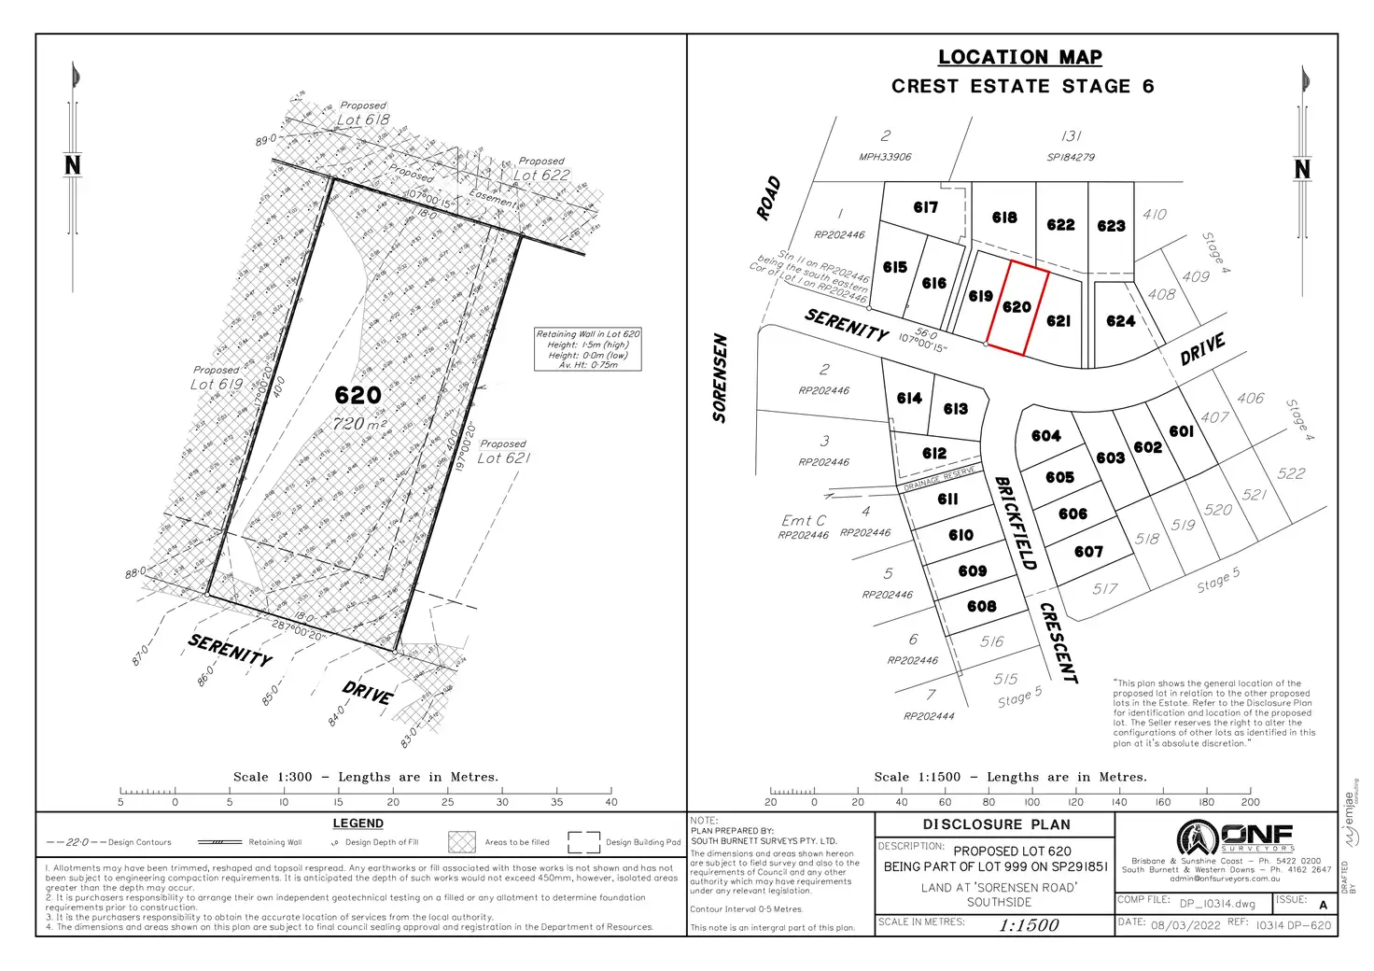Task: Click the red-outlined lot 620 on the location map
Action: pos(1016,307)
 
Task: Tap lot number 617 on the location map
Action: pos(925,207)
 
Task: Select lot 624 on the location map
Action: pos(1120,321)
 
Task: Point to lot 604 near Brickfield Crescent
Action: pos(1045,436)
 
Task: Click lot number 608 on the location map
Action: pos(981,607)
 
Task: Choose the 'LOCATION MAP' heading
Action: pos(1019,57)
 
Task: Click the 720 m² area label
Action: pos(359,424)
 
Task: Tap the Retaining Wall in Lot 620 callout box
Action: pos(588,349)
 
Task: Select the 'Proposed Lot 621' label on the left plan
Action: pos(504,452)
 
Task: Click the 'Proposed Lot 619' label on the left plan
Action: pos(217,378)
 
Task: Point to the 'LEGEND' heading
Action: pos(358,823)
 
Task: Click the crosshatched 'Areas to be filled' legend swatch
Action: pos(462,842)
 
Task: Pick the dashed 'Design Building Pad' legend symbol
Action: pos(583,842)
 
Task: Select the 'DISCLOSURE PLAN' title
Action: pos(996,824)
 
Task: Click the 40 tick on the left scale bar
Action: pos(611,794)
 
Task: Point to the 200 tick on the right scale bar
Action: pos(1250,794)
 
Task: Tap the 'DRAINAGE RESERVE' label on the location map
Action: pos(940,478)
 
